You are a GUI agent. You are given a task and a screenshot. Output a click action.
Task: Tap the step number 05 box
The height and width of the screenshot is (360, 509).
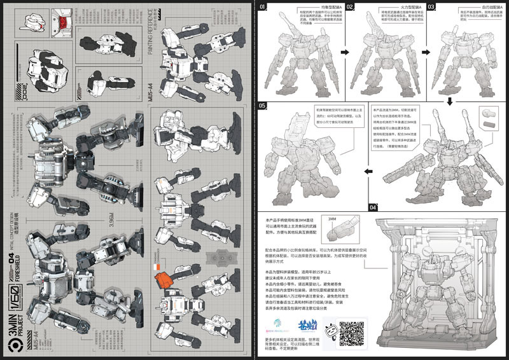pos(263,105)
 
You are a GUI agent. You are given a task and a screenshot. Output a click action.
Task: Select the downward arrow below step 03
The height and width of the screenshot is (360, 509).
pos(450,100)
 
